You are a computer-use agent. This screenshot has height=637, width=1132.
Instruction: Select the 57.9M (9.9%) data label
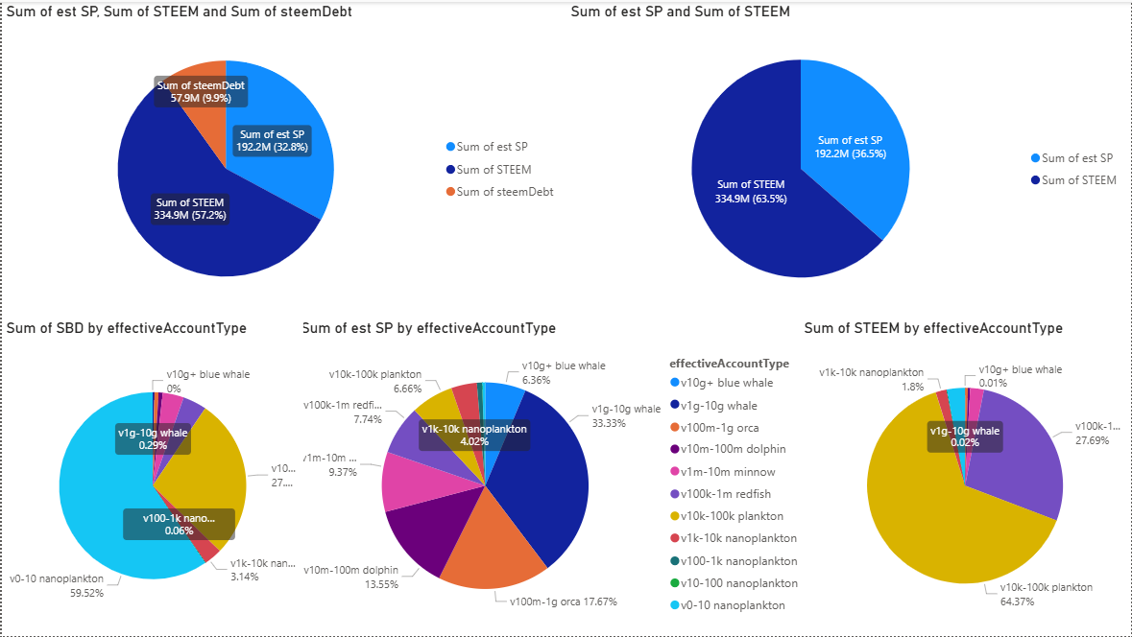tap(201, 92)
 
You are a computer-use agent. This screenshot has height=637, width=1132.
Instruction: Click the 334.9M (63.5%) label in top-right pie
tap(751, 191)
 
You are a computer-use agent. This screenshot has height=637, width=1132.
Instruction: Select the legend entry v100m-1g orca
tap(728, 427)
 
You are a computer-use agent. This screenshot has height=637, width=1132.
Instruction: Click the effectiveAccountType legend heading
tap(729, 364)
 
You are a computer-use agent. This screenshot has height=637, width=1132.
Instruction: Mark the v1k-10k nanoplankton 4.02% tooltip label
tap(474, 435)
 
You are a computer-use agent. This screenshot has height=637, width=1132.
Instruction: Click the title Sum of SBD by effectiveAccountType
tap(127, 328)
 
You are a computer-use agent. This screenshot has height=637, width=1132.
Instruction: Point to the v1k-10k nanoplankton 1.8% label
tap(870, 379)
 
